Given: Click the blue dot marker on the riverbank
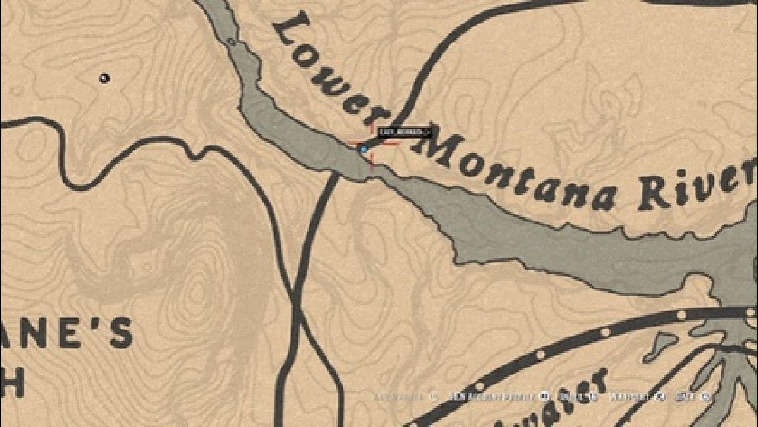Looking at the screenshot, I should pyautogui.click(x=364, y=150).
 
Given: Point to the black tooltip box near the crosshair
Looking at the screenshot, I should pyautogui.click(x=404, y=132).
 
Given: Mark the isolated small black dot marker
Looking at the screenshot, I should pyautogui.click(x=104, y=78).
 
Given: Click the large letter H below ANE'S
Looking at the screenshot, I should pyautogui.click(x=12, y=383).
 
